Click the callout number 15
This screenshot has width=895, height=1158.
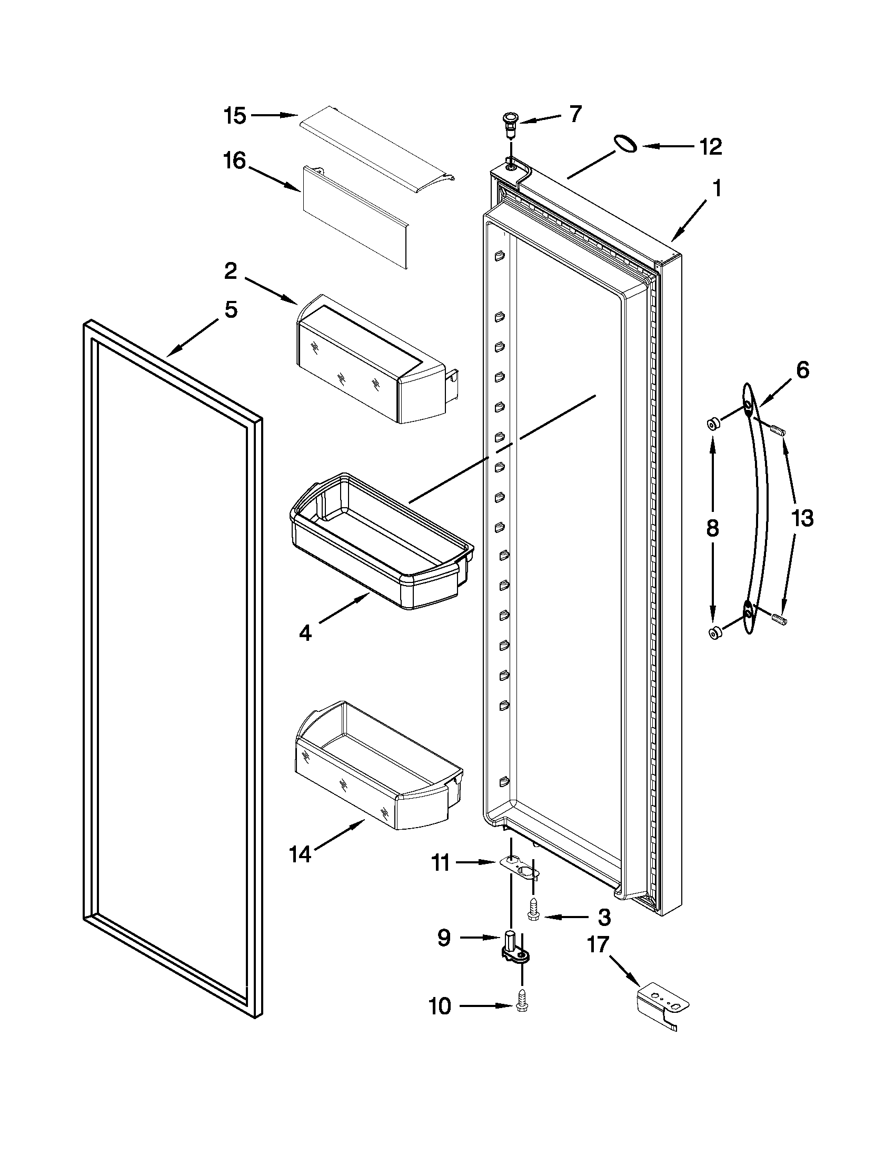[x=234, y=116]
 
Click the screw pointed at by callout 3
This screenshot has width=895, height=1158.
[x=533, y=914]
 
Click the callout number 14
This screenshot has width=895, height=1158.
[x=300, y=870]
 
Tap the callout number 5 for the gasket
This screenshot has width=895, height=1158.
[x=230, y=310]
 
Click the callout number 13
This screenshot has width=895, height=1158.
[x=802, y=518]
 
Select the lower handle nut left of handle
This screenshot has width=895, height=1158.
[x=713, y=631]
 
